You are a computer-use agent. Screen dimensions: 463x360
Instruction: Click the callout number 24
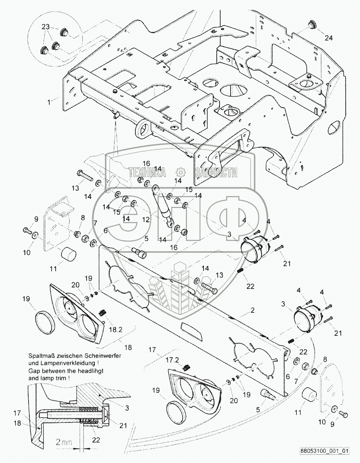(329, 38)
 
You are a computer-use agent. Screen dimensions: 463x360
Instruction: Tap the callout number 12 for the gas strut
(146, 219)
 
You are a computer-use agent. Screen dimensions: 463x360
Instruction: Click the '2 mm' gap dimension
(63, 442)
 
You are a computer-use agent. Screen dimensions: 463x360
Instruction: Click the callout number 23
(46, 27)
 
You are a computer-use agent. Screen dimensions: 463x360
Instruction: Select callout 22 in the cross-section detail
(96, 440)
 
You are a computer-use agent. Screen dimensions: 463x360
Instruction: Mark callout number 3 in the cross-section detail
(127, 407)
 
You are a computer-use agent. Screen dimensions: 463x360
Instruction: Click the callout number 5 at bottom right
(258, 410)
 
